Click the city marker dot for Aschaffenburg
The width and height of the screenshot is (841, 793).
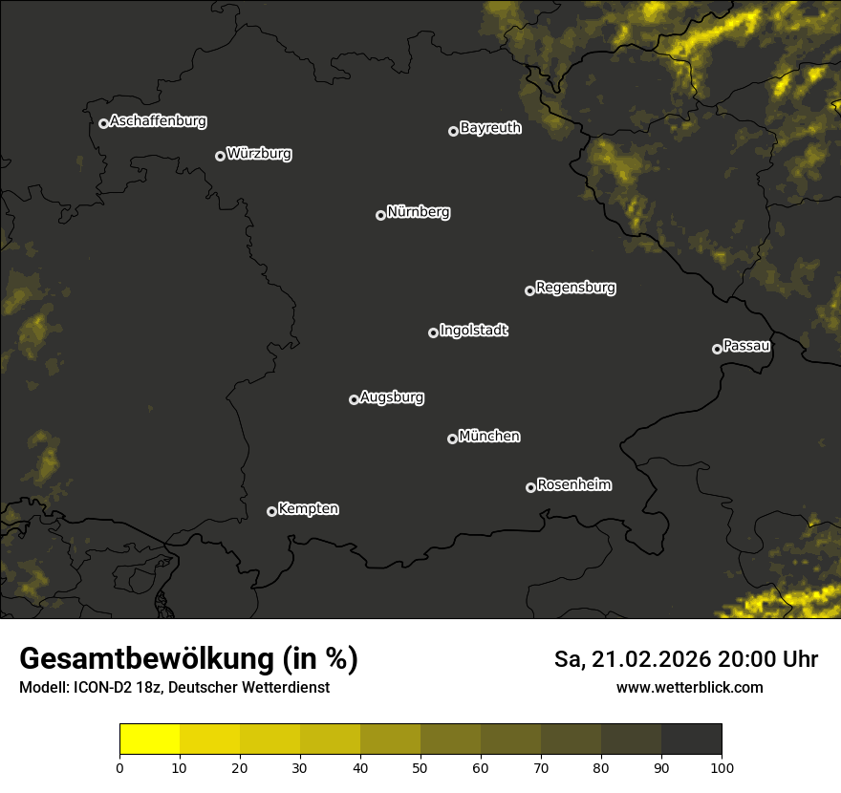103,123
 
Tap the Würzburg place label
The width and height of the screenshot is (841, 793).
259,154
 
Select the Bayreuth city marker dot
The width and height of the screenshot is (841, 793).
453,131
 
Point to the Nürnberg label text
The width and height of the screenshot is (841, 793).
418,212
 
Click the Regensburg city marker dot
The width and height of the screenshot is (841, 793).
529,290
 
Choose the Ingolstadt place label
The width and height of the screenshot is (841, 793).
473,331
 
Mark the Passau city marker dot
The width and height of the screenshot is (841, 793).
717,349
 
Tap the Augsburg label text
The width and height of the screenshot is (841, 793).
392,397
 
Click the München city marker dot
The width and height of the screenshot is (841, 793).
452,439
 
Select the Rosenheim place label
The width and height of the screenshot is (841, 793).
573,484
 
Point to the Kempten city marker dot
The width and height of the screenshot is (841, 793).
271,511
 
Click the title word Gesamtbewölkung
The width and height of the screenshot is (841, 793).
144,659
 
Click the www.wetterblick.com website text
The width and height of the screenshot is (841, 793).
689,687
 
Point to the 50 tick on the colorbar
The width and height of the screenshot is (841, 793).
420,767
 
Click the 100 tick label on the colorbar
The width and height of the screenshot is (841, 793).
722,767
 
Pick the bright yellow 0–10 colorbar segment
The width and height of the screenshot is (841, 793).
150,739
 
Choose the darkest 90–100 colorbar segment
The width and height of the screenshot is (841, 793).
691,739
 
